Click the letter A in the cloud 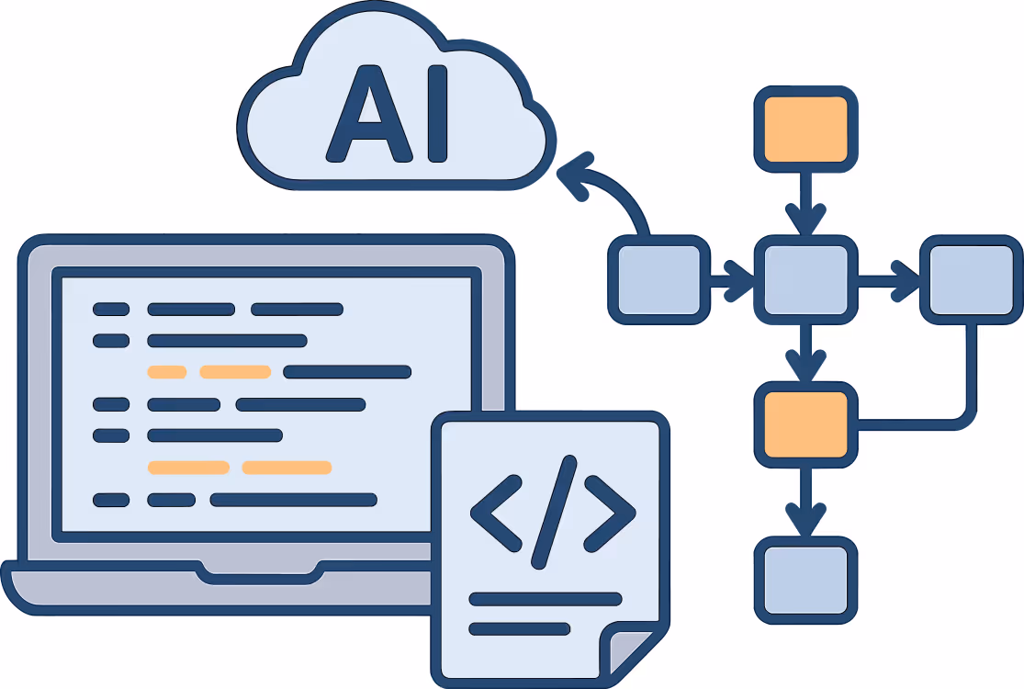tap(369, 114)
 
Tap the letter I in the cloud tap(437, 114)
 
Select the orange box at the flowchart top tap(805, 130)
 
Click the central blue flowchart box tap(805, 280)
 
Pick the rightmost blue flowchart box tap(971, 280)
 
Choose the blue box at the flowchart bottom tap(805, 581)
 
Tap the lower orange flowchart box tap(805, 424)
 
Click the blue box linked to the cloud tap(658, 280)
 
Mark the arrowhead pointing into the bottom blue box tap(805, 519)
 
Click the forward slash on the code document tap(554, 512)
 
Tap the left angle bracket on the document tap(495, 514)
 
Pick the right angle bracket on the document tap(610, 514)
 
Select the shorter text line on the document tap(520, 629)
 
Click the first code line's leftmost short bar tap(111, 309)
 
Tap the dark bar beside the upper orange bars tap(347, 372)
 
